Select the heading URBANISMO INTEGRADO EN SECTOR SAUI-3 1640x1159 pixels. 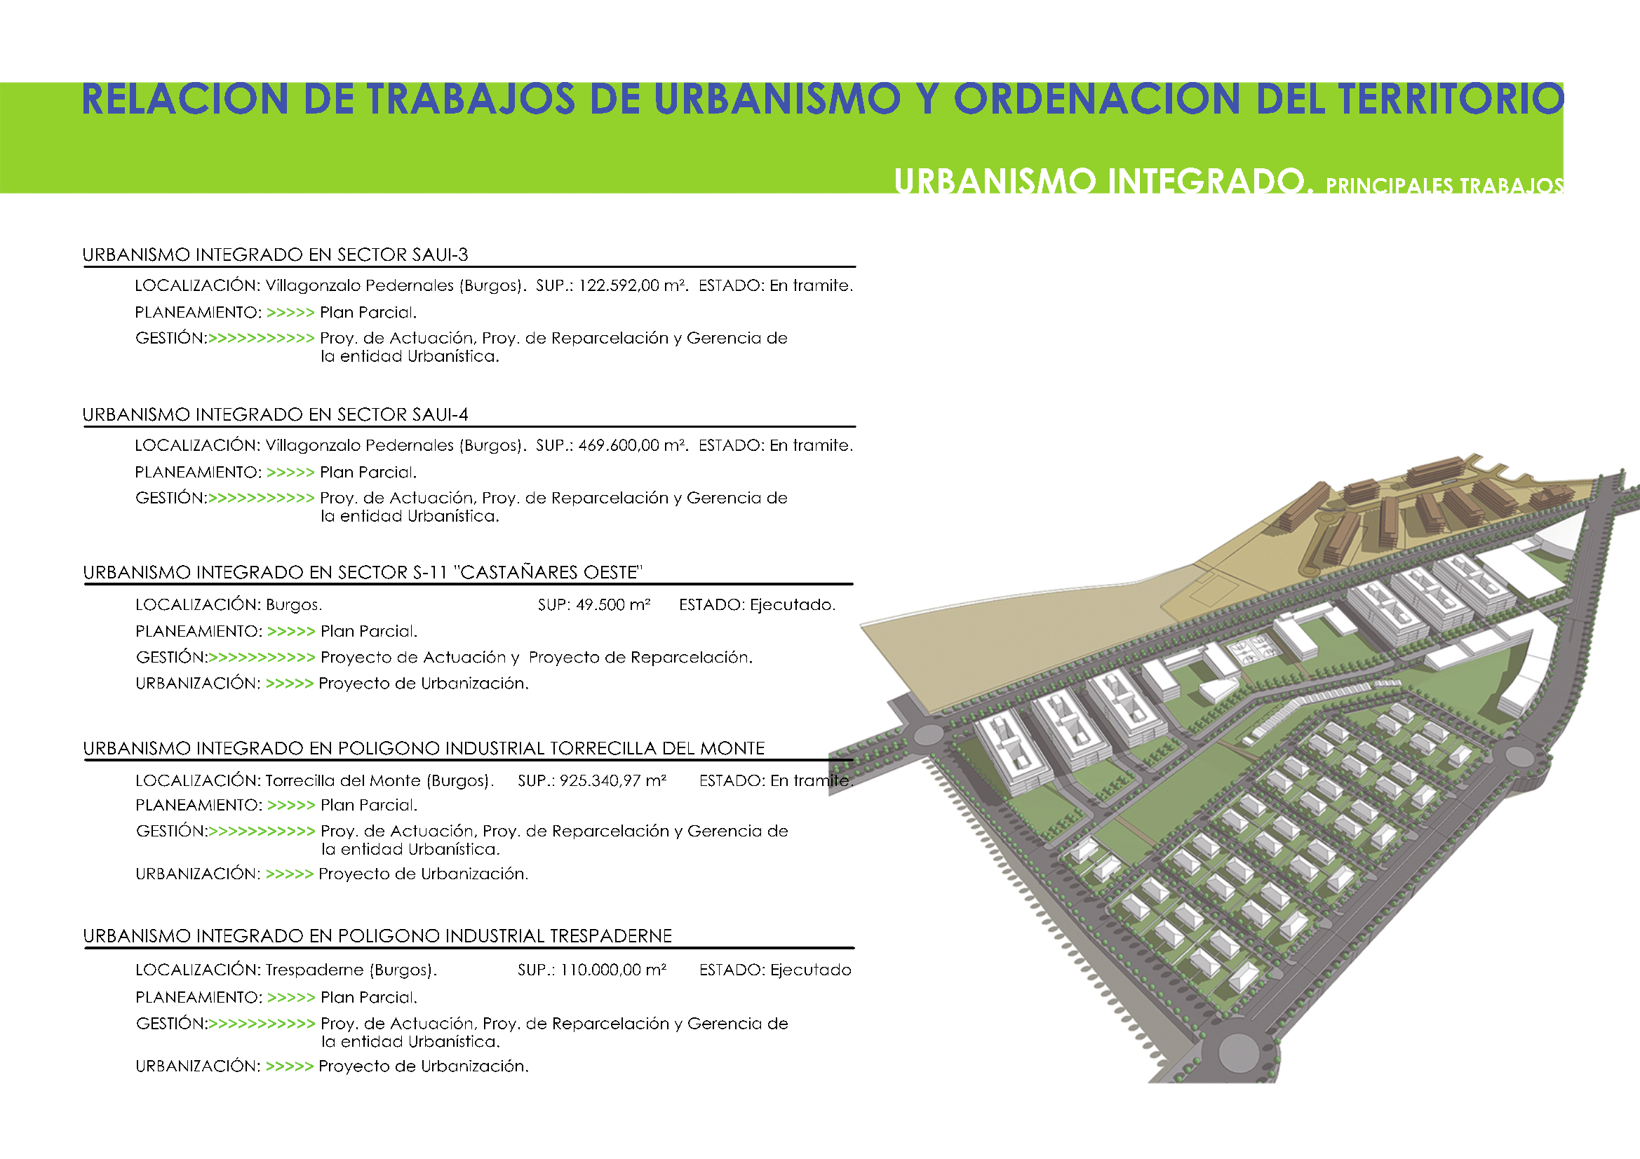point(276,255)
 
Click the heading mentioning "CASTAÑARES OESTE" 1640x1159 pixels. point(363,573)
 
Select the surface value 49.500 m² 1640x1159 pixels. point(614,605)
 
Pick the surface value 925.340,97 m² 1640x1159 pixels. point(613,780)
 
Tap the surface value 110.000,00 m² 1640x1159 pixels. point(613,970)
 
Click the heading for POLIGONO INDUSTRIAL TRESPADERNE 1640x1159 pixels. point(378,936)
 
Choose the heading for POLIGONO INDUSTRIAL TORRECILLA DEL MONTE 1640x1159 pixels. point(424,748)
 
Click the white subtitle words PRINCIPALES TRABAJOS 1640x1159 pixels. point(1445,186)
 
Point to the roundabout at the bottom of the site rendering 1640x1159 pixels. point(1238,1051)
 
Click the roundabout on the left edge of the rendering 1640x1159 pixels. point(928,734)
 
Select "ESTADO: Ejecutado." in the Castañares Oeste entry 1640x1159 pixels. point(757,605)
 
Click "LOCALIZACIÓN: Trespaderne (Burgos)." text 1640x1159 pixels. point(286,970)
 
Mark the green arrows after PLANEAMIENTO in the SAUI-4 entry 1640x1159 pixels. point(290,473)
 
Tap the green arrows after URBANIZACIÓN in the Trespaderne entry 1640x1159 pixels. point(289,1067)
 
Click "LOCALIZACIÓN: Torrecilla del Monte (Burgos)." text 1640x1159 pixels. point(315,780)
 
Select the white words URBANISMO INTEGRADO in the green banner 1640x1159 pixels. point(1103,182)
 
